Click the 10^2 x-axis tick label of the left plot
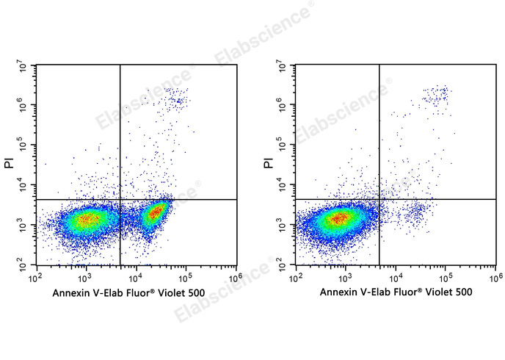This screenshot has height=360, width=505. pos(34,277)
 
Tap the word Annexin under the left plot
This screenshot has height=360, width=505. pos(72,292)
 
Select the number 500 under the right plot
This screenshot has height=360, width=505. pos(463,292)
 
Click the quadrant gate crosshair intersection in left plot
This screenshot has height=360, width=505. pos(120,199)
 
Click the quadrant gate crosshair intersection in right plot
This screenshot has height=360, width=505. pos(379,199)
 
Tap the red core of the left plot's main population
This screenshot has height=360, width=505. pos(87,218)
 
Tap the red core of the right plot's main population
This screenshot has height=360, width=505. pos(339,217)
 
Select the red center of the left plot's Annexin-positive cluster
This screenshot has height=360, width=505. pos(156,214)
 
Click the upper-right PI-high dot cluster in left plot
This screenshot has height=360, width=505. pos(175,97)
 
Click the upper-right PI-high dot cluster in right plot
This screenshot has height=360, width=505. pos(436,94)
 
